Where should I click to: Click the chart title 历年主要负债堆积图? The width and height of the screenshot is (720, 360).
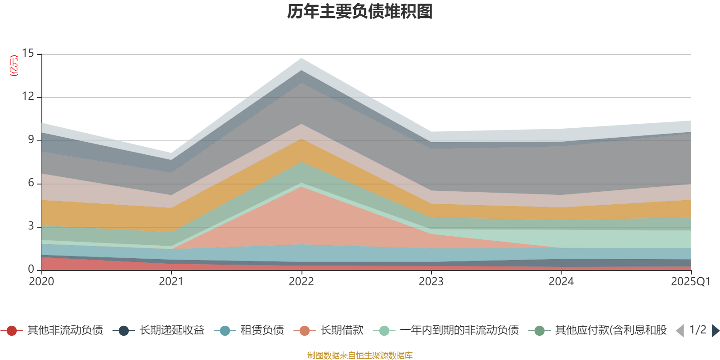pyautogui.click(x=360, y=12)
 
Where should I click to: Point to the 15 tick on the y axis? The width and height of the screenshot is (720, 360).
pyautogui.click(x=28, y=54)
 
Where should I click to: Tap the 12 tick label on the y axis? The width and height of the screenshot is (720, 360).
pyautogui.click(x=28, y=96)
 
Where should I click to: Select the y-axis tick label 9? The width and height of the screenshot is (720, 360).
pyautogui.click(x=31, y=139)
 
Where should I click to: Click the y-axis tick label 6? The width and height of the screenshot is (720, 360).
pyautogui.click(x=31, y=183)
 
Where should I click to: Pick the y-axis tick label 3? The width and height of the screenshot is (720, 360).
pyautogui.click(x=31, y=226)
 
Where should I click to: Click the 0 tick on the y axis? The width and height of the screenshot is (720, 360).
pyautogui.click(x=31, y=269)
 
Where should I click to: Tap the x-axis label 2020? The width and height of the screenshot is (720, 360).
pyautogui.click(x=41, y=282)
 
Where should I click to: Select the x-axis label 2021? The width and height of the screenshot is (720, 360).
pyautogui.click(x=171, y=282)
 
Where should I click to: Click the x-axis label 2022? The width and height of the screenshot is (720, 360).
pyautogui.click(x=301, y=282)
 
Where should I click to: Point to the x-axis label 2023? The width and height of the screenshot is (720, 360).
pyautogui.click(x=431, y=282)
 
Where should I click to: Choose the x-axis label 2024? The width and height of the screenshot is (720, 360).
pyautogui.click(x=561, y=282)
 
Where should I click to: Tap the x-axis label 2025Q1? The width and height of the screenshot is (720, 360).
pyautogui.click(x=690, y=282)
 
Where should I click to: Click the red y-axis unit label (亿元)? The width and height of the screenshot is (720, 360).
pyautogui.click(x=14, y=66)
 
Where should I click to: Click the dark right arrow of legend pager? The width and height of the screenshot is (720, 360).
pyautogui.click(x=715, y=331)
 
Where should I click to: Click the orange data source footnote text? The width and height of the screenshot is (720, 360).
pyautogui.click(x=360, y=355)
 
